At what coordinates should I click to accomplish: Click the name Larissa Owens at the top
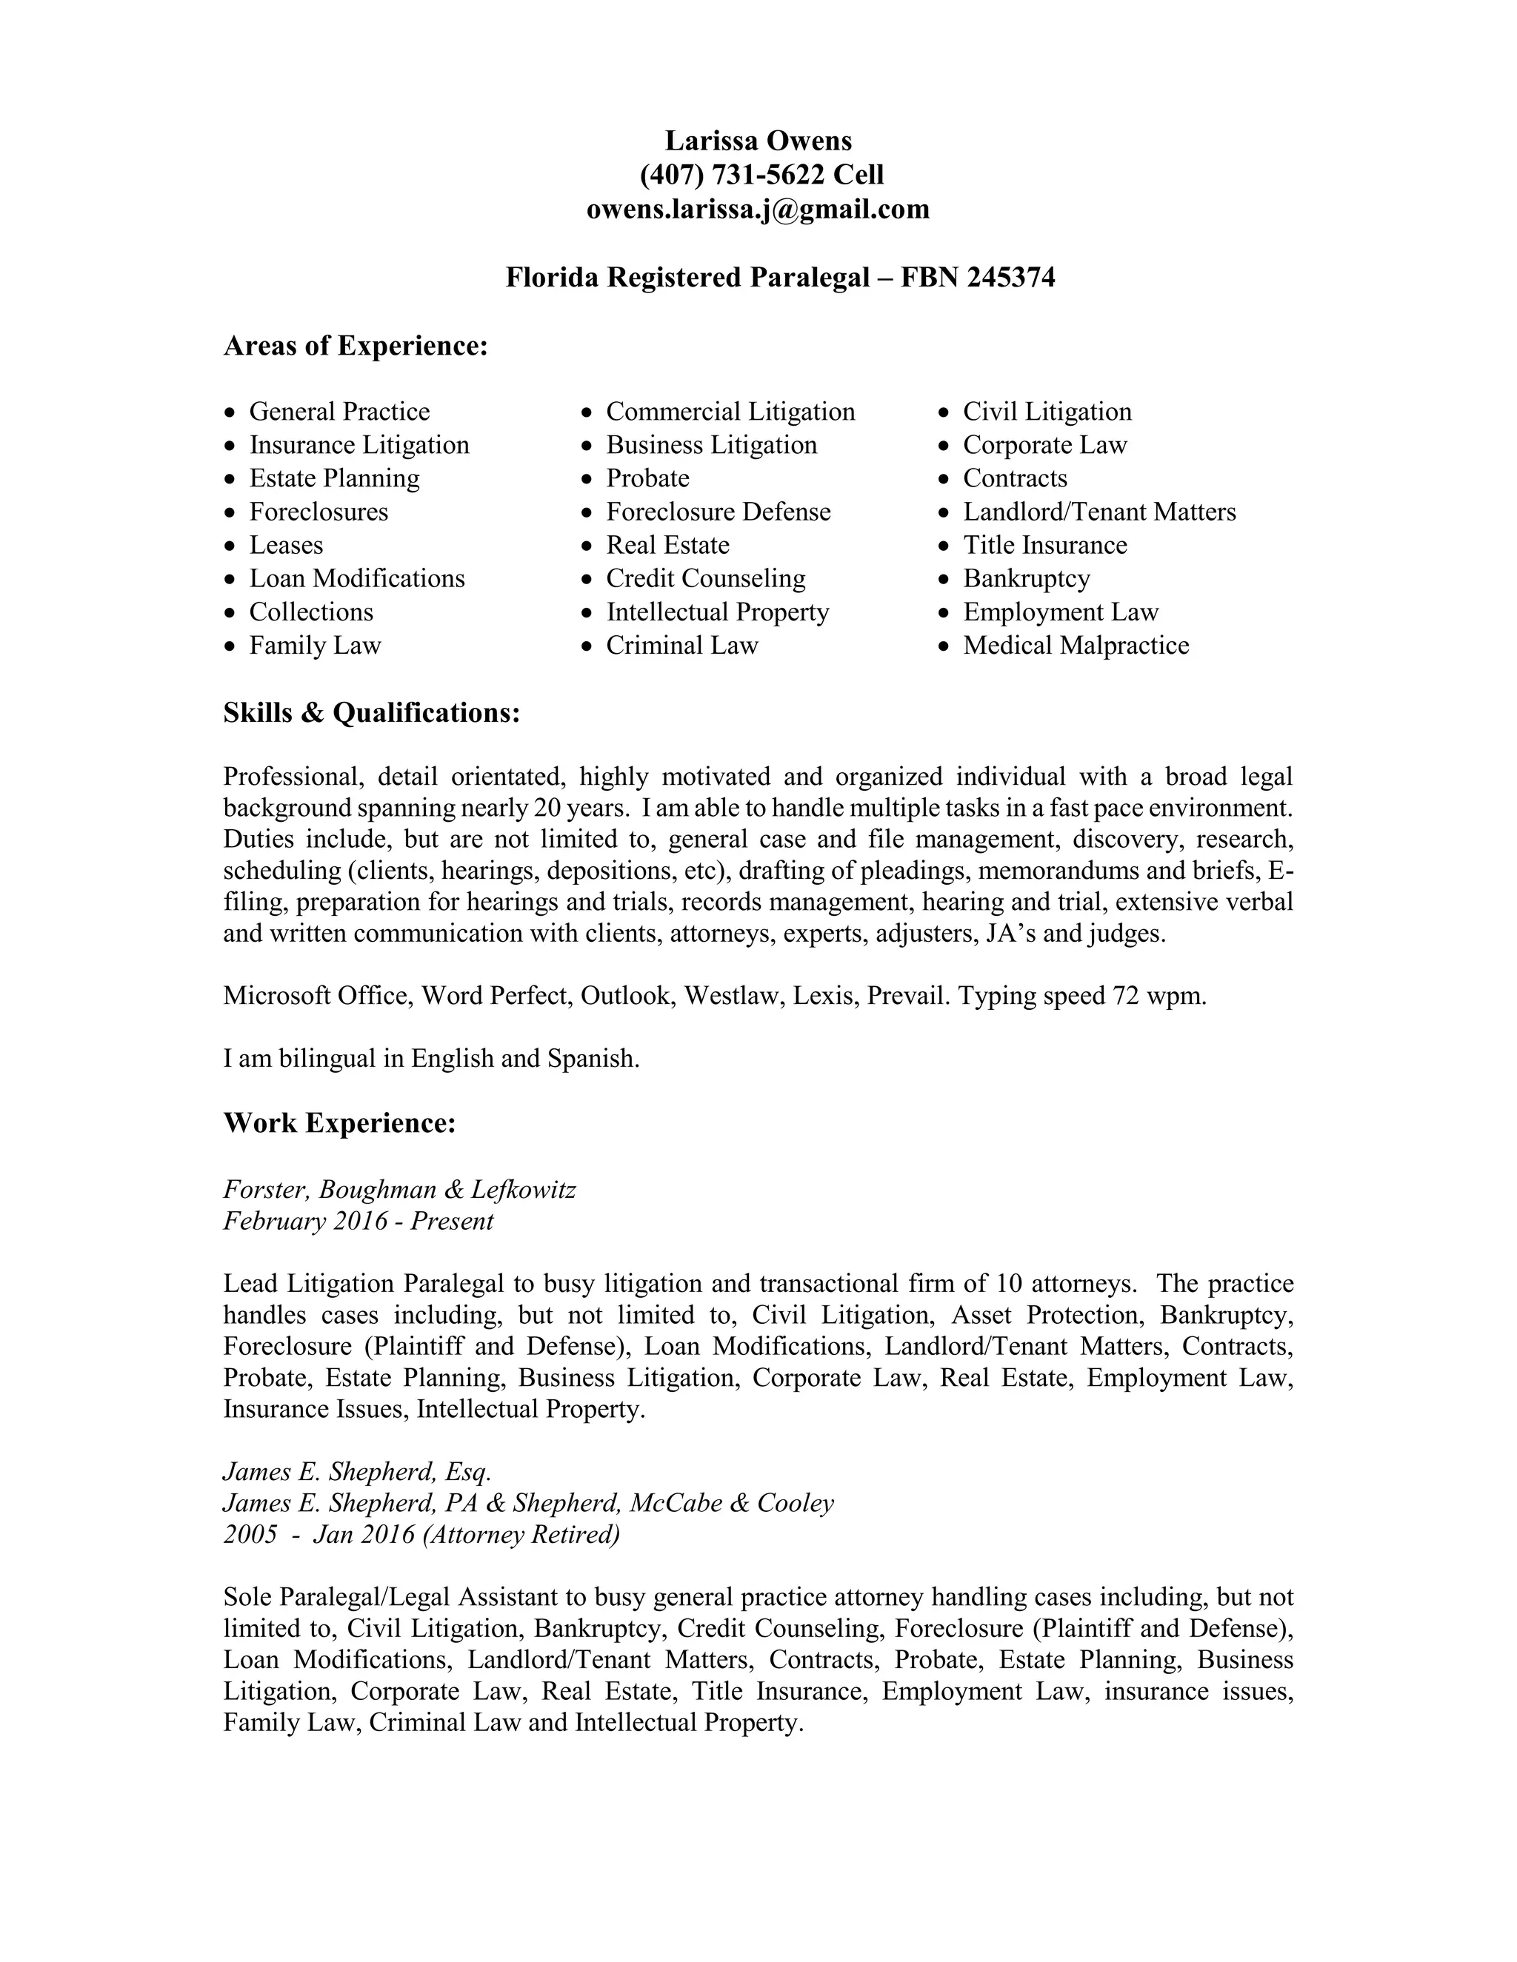pos(758,141)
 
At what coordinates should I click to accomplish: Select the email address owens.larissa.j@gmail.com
pos(758,210)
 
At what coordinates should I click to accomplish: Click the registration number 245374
pos(1011,278)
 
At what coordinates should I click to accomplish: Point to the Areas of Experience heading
pos(355,346)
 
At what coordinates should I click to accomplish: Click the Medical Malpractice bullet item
pos(1075,646)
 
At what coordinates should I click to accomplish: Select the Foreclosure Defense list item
pos(717,512)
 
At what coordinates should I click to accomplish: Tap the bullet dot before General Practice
pos(232,413)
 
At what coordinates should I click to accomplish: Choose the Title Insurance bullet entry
pos(1044,546)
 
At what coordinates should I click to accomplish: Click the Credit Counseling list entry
pos(704,578)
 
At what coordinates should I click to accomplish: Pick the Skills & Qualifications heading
pos(371,713)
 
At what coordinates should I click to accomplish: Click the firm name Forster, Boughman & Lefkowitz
pos(399,1191)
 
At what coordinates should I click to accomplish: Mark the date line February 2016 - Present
pos(358,1222)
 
